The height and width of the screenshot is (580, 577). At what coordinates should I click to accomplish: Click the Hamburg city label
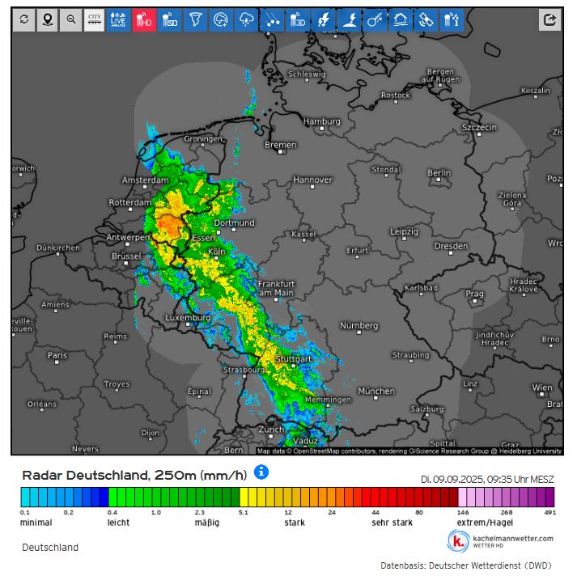pyautogui.click(x=321, y=121)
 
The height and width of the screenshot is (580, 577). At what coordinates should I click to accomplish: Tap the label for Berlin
pyautogui.click(x=439, y=172)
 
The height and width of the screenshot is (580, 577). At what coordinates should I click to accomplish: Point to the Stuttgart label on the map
pyautogui.click(x=293, y=358)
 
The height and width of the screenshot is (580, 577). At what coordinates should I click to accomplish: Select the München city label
pyautogui.click(x=375, y=391)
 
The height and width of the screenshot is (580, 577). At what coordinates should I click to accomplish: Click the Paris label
pyautogui.click(x=57, y=354)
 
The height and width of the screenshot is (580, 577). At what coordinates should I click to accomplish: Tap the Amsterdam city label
pyautogui.click(x=145, y=180)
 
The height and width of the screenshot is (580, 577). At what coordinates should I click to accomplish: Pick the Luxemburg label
pyautogui.click(x=187, y=318)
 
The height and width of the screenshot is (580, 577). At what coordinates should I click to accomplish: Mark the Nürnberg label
pyautogui.click(x=359, y=325)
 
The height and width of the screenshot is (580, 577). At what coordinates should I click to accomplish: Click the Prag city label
pyautogui.click(x=474, y=294)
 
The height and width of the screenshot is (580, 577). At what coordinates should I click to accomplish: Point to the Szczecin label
pyautogui.click(x=479, y=127)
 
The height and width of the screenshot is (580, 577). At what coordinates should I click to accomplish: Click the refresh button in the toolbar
pyautogui.click(x=23, y=20)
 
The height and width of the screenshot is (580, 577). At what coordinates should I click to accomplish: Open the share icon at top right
pyautogui.click(x=549, y=20)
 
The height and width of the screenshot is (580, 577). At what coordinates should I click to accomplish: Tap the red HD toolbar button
pyautogui.click(x=144, y=20)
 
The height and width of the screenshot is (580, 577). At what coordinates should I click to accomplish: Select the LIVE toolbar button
pyautogui.click(x=119, y=20)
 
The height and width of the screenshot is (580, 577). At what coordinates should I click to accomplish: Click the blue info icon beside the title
pyautogui.click(x=261, y=471)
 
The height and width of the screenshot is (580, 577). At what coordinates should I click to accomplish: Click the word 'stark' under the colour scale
pyautogui.click(x=294, y=523)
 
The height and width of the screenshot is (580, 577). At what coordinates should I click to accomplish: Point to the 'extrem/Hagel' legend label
pyautogui.click(x=485, y=523)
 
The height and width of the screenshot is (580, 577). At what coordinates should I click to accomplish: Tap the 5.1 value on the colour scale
pyautogui.click(x=243, y=512)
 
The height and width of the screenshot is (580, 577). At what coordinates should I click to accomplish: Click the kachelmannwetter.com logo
pyautogui.click(x=501, y=540)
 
